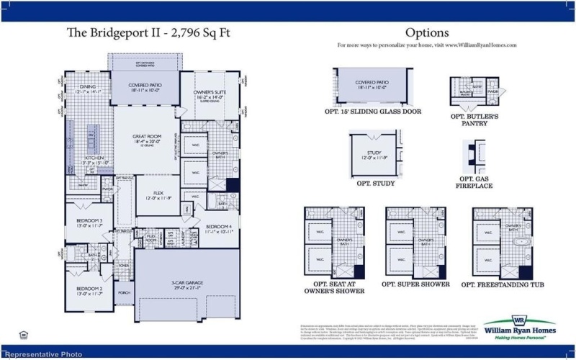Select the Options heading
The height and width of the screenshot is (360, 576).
tap(427, 32)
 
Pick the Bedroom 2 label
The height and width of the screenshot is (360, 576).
tap(91, 290)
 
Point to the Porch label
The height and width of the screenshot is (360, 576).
tap(123, 292)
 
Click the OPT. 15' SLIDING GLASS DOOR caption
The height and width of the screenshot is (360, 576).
tap(372, 112)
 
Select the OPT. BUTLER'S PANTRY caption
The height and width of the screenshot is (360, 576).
tap(474, 120)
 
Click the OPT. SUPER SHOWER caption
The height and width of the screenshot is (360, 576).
tap(415, 284)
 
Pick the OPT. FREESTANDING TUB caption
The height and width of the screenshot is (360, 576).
tap(503, 284)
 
